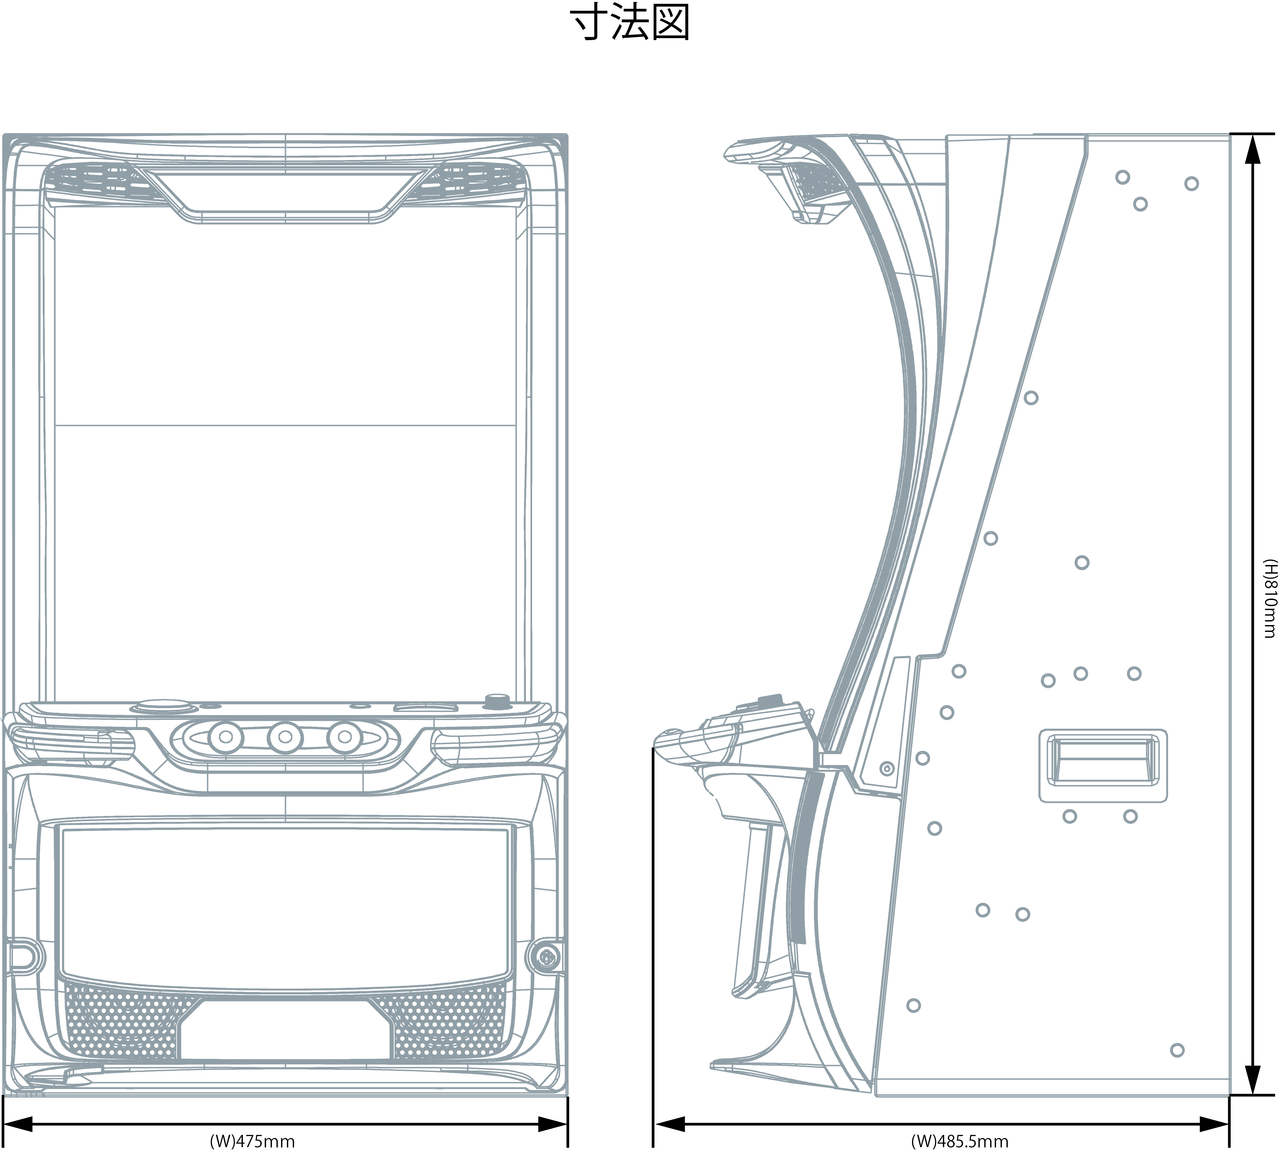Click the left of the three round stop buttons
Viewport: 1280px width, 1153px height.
pos(226,737)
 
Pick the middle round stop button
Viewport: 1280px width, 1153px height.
pos(285,737)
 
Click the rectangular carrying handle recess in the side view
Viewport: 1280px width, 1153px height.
pos(1103,765)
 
